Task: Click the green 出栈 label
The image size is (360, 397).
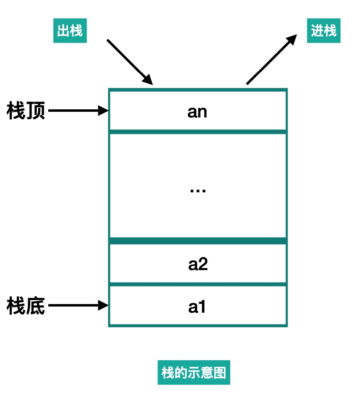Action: [x=70, y=31]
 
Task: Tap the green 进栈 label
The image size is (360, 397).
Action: [x=324, y=31]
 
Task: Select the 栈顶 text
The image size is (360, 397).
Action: [x=26, y=111]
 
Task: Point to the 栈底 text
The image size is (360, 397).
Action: [x=26, y=306]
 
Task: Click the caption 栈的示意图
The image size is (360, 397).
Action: [x=193, y=372]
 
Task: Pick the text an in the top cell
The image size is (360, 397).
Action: [x=197, y=111]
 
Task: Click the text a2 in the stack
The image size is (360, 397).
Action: [x=198, y=264]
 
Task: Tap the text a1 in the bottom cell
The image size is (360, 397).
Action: [x=197, y=307]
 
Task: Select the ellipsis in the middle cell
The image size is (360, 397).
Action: [x=198, y=191]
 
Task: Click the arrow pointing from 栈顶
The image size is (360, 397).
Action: [x=78, y=111]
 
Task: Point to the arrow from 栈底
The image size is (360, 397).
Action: [x=78, y=305]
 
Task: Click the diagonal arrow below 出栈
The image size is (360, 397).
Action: [x=129, y=61]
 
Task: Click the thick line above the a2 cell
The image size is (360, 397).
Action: [x=198, y=241]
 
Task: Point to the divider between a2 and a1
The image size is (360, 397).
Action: [x=198, y=284]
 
